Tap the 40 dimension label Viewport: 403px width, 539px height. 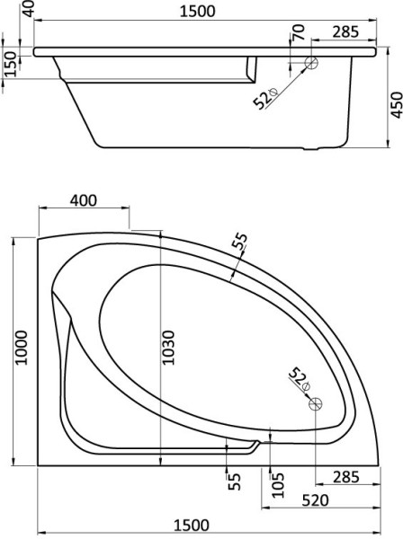point(30,9)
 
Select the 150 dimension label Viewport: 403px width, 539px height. point(11,65)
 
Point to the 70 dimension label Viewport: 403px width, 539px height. point(299,32)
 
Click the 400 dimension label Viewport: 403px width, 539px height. point(84,200)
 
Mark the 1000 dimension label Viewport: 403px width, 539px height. point(22,348)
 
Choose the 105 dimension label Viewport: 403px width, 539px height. point(278,485)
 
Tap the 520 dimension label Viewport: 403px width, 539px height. point(315,500)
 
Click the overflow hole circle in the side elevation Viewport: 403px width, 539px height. point(311,63)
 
